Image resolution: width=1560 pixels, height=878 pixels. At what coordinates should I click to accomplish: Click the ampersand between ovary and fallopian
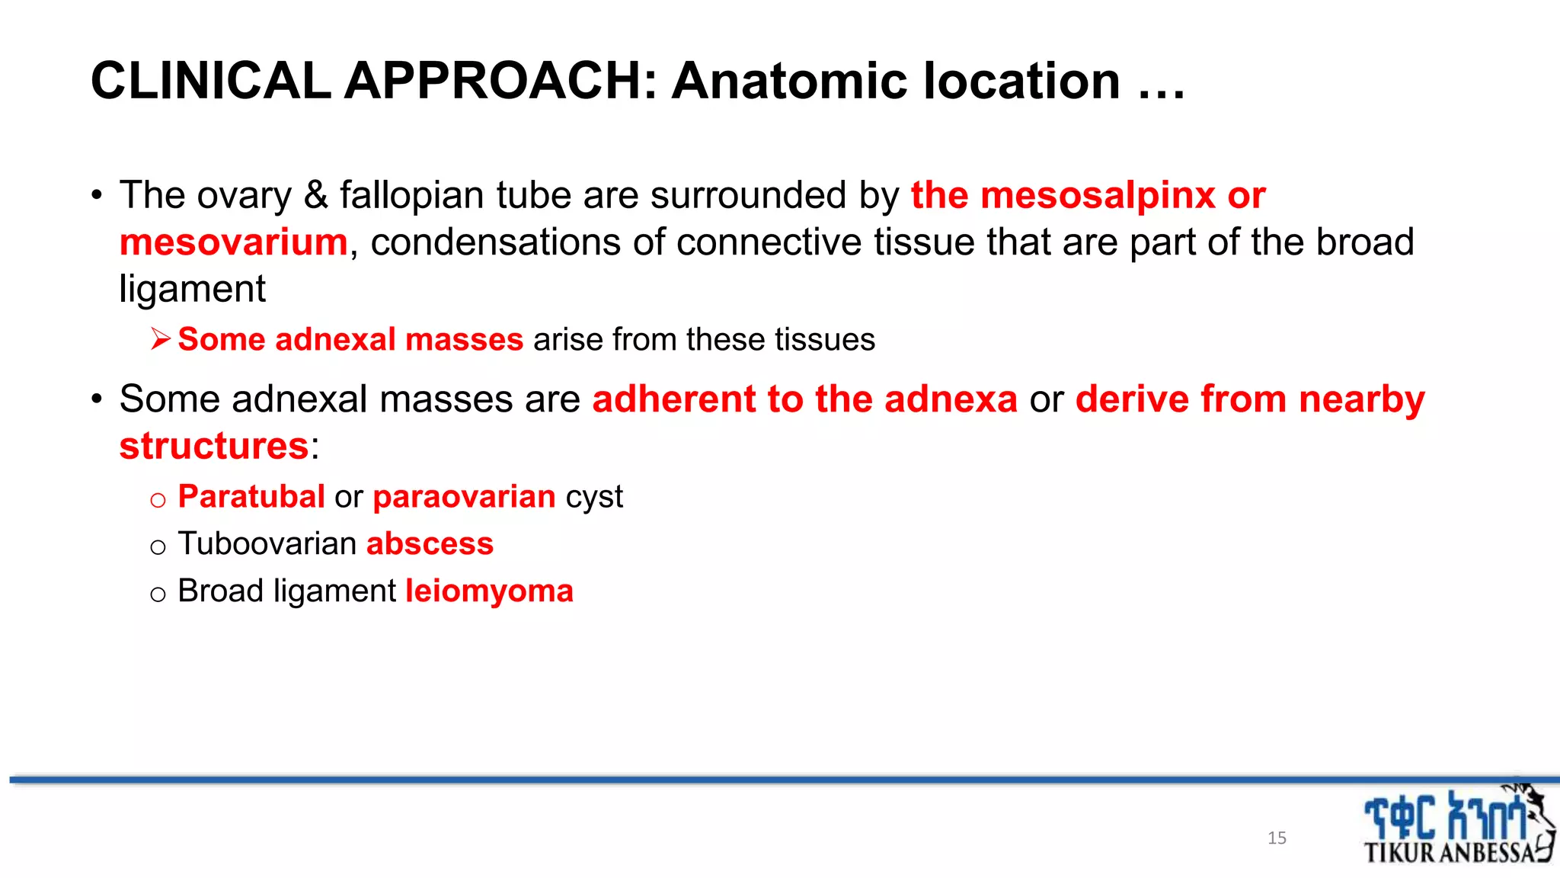click(315, 195)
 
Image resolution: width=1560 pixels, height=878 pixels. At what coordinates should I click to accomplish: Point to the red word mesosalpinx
click(1098, 195)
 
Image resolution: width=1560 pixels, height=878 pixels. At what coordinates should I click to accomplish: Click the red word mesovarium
click(234, 242)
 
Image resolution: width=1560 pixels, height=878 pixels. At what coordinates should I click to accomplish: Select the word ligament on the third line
click(192, 290)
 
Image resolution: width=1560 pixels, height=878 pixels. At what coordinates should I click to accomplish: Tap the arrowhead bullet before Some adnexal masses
click(160, 338)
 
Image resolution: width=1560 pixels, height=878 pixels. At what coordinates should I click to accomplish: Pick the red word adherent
click(673, 399)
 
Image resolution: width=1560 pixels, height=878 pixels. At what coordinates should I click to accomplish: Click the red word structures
click(214, 446)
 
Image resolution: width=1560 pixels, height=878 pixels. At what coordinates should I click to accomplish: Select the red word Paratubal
click(251, 497)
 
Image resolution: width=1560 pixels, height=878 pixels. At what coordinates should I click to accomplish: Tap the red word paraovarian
click(464, 497)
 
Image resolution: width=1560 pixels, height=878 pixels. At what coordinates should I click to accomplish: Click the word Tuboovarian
click(267, 544)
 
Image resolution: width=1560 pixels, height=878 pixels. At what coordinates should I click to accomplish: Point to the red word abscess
click(430, 544)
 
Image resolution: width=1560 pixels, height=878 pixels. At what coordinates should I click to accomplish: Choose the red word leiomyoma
click(489, 591)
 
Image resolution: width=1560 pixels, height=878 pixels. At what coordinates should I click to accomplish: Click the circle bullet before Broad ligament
click(158, 594)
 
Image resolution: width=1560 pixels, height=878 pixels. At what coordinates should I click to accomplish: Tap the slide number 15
click(1277, 838)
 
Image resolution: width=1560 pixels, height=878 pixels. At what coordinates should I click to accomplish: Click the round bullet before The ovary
click(97, 196)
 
